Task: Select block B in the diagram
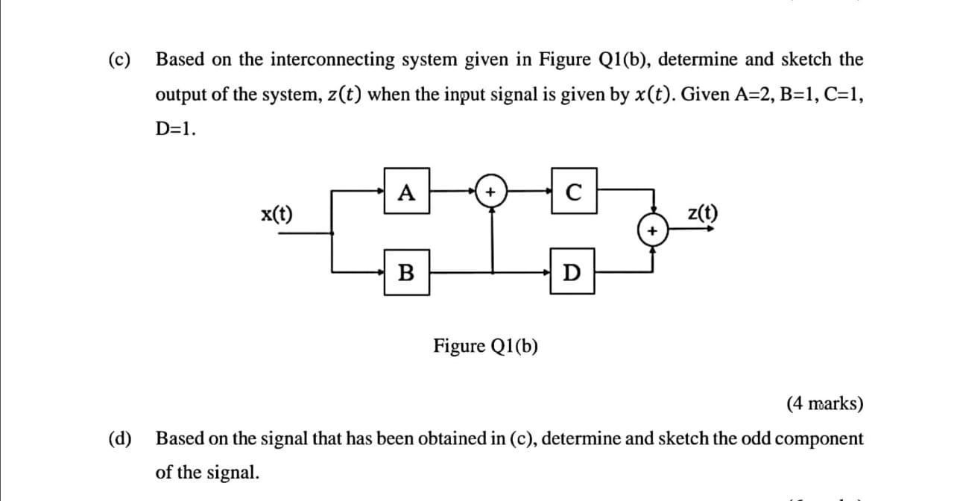[406, 273]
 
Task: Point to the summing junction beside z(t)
[653, 232]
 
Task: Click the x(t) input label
[277, 215]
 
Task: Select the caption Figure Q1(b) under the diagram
[487, 346]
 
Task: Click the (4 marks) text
[825, 404]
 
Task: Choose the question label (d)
[118, 438]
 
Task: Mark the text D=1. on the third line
[176, 129]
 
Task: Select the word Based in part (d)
[179, 438]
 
